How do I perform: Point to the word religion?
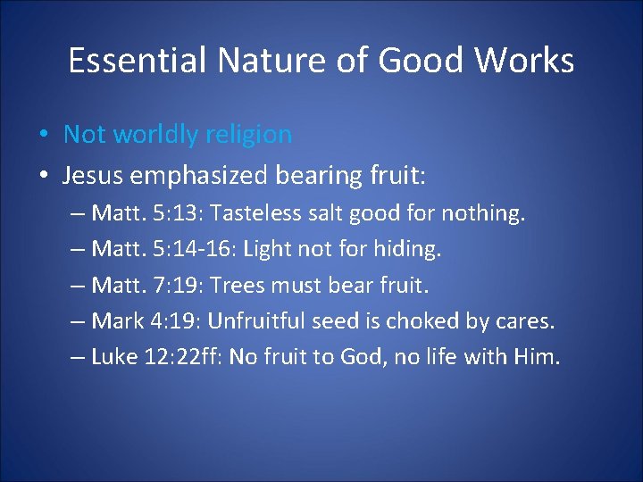(x=248, y=135)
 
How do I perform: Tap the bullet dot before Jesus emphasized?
(x=44, y=176)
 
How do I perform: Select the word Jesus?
(x=93, y=176)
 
